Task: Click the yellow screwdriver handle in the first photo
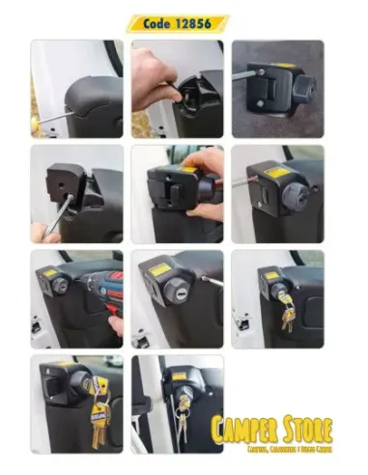(35, 124)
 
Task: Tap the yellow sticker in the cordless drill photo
(50, 274)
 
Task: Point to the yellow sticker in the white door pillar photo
(179, 375)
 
